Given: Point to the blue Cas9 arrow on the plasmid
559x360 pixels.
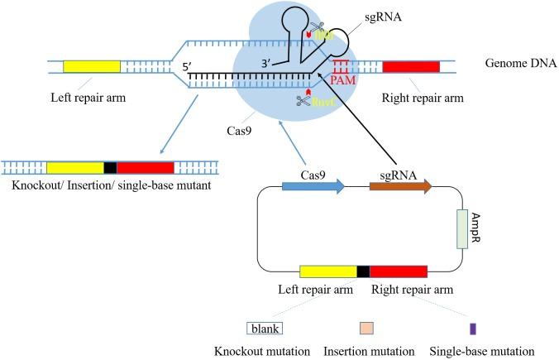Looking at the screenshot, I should (313, 188).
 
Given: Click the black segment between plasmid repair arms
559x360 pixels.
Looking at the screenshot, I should (363, 271).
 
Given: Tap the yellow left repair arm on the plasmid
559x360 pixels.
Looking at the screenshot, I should (328, 271).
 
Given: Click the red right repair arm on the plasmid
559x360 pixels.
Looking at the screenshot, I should (398, 271).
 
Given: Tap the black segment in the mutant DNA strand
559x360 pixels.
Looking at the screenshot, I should (110, 167).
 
